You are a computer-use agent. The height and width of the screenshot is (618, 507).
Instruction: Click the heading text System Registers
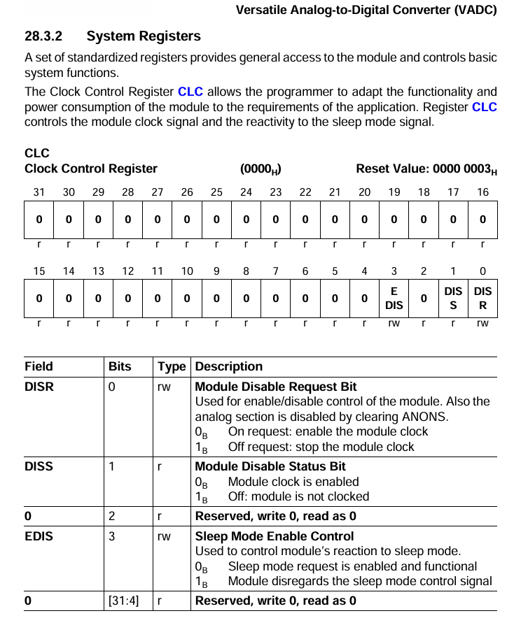point(144,36)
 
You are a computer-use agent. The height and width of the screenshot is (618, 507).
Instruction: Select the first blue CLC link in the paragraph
point(190,92)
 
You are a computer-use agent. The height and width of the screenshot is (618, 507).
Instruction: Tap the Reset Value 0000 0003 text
point(426,169)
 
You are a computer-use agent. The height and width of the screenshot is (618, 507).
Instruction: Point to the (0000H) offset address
point(261,169)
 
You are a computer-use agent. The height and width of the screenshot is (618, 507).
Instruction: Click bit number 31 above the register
point(39,192)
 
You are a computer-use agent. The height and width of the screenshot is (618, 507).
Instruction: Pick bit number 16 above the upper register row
point(482,192)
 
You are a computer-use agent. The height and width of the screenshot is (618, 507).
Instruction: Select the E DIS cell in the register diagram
point(394,299)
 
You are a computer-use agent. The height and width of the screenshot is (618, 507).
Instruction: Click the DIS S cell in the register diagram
point(453,299)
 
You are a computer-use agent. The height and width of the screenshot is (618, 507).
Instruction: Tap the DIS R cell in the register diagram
point(482,299)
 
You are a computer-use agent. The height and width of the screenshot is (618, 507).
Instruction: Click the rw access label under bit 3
point(394,324)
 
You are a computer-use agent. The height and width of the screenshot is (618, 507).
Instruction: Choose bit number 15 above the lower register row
point(39,271)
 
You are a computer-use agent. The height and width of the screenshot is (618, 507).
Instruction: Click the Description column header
point(229,366)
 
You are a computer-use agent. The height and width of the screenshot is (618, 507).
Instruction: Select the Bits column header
point(120,366)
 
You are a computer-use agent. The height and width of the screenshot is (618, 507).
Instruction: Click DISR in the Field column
point(39,387)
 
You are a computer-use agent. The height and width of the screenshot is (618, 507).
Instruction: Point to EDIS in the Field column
point(39,536)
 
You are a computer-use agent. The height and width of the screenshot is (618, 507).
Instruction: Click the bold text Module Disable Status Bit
point(270,466)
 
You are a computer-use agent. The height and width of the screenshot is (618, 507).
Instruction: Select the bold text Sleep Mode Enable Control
point(274,536)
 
